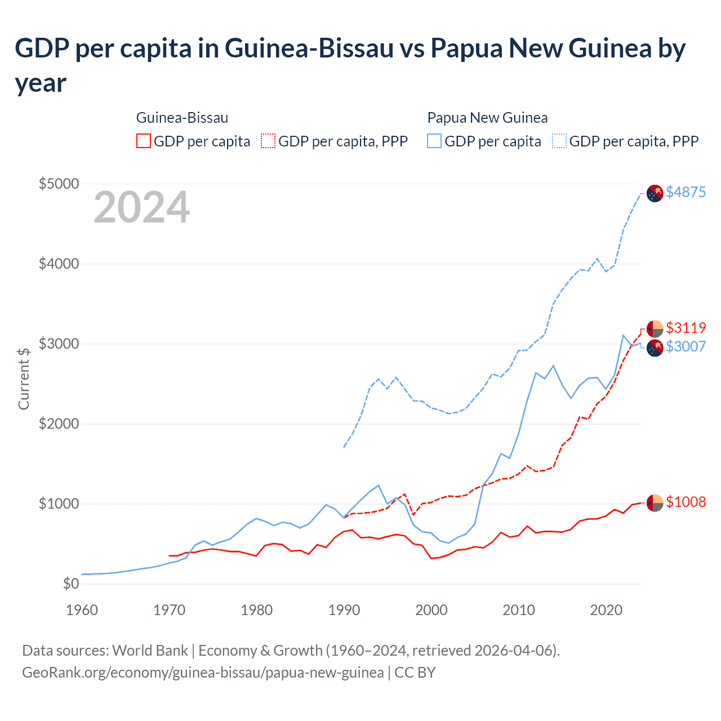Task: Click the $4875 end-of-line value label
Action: click(x=686, y=192)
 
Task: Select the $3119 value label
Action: click(x=686, y=328)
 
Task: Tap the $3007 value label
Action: click(x=686, y=346)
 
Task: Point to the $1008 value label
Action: click(x=686, y=502)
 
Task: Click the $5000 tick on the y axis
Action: click(x=59, y=184)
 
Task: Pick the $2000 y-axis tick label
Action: click(x=59, y=424)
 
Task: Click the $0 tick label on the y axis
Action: click(x=71, y=584)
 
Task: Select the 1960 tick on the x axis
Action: click(x=82, y=610)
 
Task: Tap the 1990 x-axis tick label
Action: click(x=344, y=610)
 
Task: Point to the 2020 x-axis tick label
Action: click(x=606, y=610)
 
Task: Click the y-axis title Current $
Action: click(x=24, y=379)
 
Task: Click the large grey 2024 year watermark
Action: click(x=141, y=207)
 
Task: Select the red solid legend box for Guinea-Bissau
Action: click(x=144, y=141)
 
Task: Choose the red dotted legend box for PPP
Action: click(x=269, y=141)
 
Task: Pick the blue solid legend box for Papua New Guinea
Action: click(x=434, y=141)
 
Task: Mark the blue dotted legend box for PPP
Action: click(x=559, y=141)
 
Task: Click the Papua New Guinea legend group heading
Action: click(x=487, y=118)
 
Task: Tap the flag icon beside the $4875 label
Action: click(x=655, y=193)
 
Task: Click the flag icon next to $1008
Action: click(x=655, y=502)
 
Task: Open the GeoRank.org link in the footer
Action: click(x=203, y=673)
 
